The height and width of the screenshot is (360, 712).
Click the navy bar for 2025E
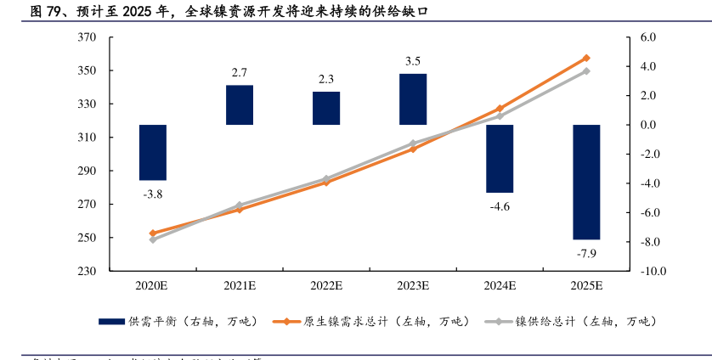click(586, 182)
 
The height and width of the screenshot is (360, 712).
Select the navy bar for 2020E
click(153, 153)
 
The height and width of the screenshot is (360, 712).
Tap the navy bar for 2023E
click(413, 99)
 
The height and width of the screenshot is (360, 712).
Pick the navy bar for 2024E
click(500, 159)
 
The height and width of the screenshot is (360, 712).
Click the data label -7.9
click(586, 254)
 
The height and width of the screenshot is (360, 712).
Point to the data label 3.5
click(413, 61)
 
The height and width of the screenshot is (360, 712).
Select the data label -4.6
click(500, 206)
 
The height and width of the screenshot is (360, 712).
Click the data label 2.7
click(240, 72)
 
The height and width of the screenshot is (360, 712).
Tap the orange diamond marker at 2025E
click(586, 58)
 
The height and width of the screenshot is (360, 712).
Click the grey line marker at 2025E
click(586, 71)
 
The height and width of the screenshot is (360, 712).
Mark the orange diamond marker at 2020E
click(153, 233)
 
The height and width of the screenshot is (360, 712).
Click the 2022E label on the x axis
click(326, 285)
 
